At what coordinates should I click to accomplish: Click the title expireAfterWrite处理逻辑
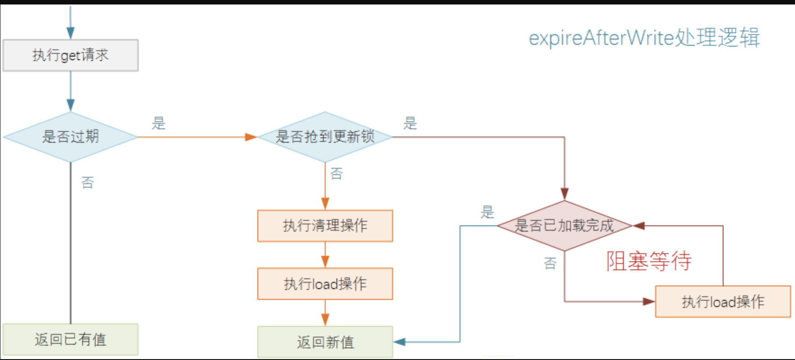pos(644,37)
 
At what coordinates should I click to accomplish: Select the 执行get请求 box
pos(71,55)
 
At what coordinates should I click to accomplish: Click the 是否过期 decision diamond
pos(71,136)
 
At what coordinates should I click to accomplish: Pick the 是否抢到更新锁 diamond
pos(325,136)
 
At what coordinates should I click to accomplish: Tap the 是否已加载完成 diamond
pos(564,225)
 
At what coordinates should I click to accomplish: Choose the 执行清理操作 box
pos(325,226)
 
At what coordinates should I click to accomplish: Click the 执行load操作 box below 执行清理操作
pos(325,284)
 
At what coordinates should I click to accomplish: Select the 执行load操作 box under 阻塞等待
pos(723,302)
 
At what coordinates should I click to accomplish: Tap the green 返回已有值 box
pos(71,339)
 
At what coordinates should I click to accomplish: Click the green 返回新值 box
pos(325,342)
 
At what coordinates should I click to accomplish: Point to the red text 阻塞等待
pos(649,261)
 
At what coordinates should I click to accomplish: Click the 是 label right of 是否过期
pos(159,123)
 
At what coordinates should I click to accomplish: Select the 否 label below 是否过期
pos(88,182)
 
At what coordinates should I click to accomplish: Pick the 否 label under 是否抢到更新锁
pos(336,174)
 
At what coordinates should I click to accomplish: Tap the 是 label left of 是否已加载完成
pos(487,212)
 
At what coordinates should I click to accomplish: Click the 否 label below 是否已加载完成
pos(550,263)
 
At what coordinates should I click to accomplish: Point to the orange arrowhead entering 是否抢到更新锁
pos(251,137)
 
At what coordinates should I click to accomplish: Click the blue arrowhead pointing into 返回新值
pos(399,342)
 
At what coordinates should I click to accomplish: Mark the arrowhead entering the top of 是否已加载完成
pos(565,194)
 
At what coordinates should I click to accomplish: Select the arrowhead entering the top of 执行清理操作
pos(325,204)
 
